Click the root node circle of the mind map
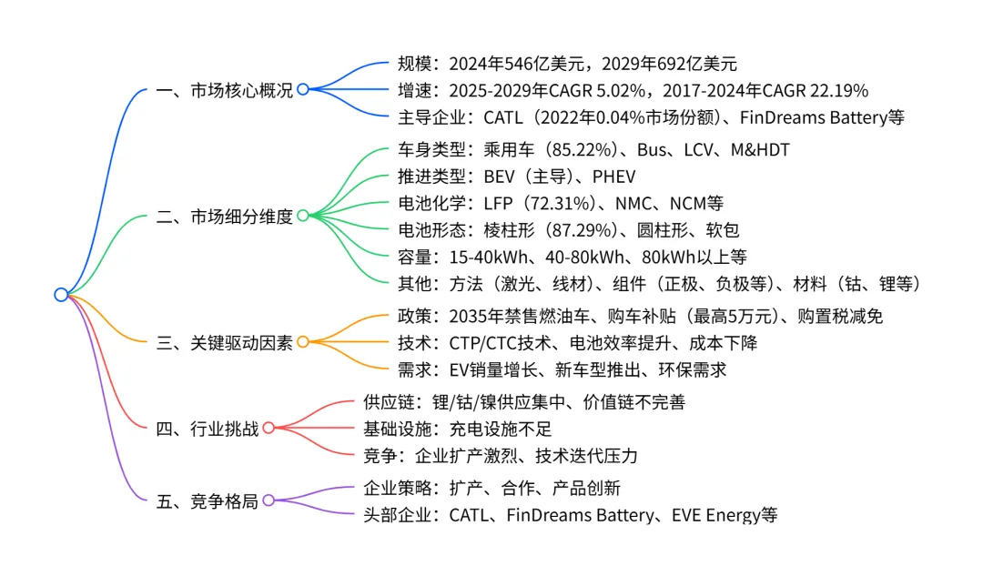coord(61,294)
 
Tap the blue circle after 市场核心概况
coord(303,89)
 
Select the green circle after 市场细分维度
coord(303,216)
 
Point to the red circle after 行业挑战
coord(269,428)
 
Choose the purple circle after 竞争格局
coord(269,500)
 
